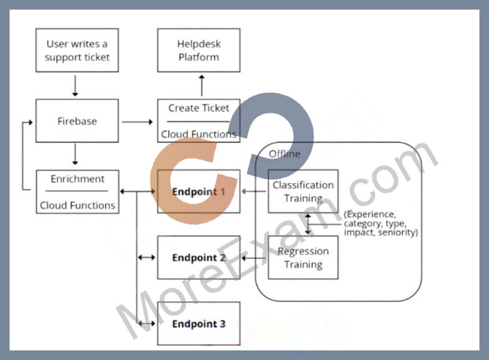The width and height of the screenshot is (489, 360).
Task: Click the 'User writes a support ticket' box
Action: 77,51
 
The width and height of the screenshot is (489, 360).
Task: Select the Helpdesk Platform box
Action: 199,51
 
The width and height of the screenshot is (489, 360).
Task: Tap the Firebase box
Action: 77,121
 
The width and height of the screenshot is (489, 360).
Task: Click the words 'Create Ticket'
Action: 199,108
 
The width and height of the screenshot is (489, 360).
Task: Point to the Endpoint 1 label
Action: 199,191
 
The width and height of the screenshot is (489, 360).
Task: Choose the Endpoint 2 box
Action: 199,258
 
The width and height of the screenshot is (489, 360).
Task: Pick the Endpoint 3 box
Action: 199,324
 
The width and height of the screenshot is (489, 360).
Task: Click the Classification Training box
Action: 303,191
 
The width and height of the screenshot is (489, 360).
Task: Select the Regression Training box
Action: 303,258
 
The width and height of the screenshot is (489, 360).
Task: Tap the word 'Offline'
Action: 284,154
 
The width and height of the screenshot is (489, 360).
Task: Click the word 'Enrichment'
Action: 77,179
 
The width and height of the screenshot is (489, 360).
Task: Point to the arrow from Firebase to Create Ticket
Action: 137,122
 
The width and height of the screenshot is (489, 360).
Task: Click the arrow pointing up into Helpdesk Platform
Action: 201,85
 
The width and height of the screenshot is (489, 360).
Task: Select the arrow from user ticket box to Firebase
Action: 75,85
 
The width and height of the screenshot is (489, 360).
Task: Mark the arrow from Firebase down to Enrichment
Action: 75,154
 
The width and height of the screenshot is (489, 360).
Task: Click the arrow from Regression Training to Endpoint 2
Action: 254,258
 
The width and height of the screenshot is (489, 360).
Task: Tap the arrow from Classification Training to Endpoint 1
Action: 254,191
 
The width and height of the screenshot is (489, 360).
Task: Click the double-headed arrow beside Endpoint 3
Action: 147,324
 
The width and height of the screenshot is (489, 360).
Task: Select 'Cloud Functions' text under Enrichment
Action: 77,205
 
